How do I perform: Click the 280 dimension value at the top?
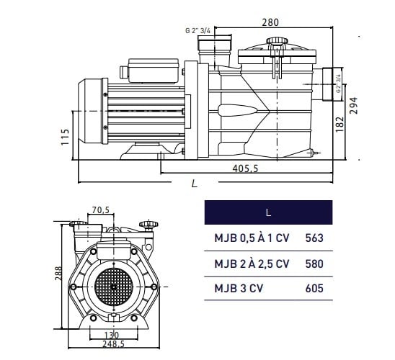click(270, 22)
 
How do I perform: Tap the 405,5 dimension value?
click(245, 168)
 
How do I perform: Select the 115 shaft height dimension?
click(65, 137)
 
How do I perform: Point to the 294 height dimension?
click(354, 106)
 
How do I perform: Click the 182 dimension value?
click(339, 124)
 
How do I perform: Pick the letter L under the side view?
click(194, 184)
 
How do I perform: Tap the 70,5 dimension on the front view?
click(101, 210)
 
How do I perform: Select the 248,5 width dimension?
click(114, 344)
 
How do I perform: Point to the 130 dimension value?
click(111, 335)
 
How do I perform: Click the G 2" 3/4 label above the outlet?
click(197, 30)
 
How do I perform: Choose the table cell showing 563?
click(314, 238)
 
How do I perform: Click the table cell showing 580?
click(314, 264)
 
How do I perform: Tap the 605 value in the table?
click(314, 288)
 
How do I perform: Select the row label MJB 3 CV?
click(239, 288)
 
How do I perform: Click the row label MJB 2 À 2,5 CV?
click(252, 264)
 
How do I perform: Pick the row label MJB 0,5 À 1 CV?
click(252, 238)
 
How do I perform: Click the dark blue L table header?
click(269, 212)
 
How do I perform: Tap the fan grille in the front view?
click(113, 287)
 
